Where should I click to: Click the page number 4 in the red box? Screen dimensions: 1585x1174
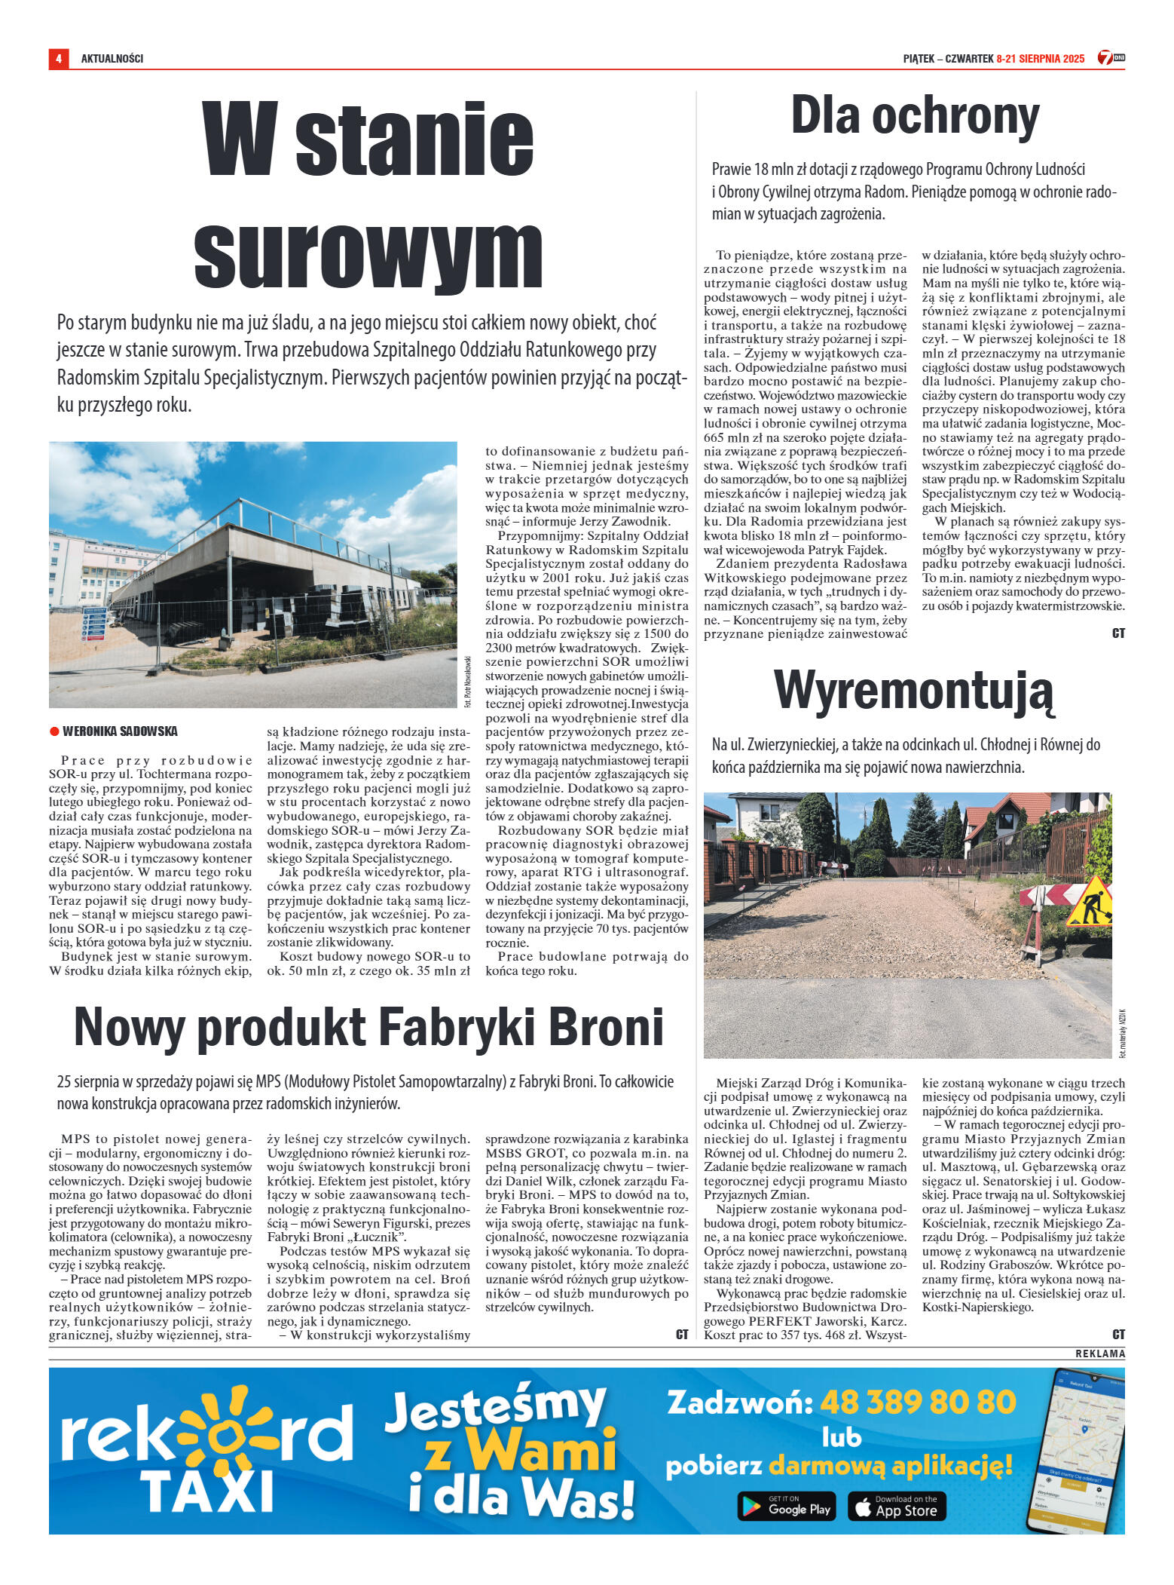click(58, 59)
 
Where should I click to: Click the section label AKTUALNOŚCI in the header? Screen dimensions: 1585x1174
click(112, 59)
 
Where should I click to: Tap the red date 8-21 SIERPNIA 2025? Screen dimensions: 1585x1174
click(1040, 59)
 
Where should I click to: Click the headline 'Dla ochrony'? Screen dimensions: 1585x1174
click(914, 117)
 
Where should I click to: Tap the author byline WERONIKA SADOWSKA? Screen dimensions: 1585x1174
click(120, 731)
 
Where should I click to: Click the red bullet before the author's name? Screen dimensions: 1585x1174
click(54, 731)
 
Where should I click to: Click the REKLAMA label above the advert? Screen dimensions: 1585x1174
click(1099, 1354)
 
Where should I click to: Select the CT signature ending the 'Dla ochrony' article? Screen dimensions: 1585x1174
click(1118, 633)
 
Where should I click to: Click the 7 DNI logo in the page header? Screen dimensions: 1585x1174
click(1111, 58)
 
